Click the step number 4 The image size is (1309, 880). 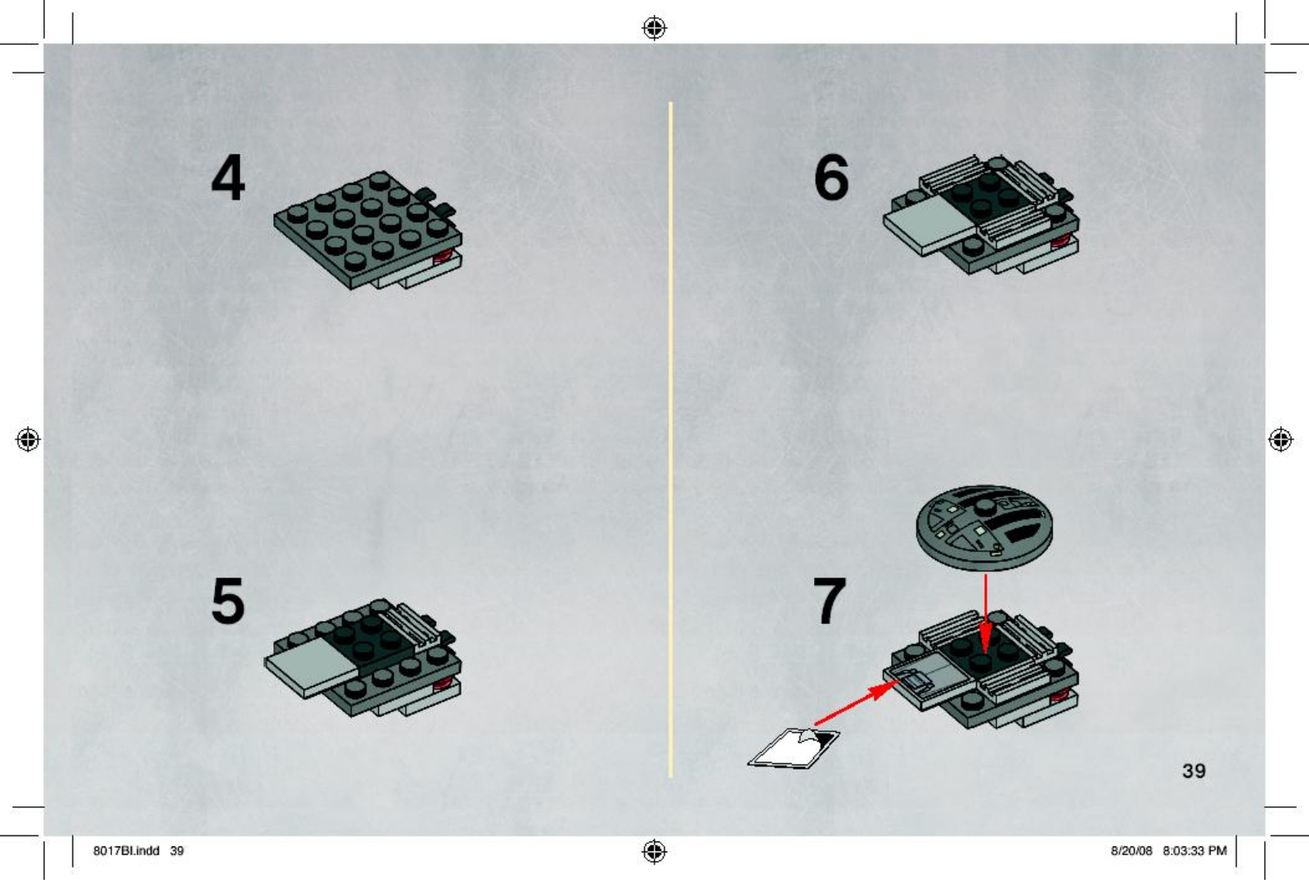(228, 177)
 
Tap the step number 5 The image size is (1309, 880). (228, 600)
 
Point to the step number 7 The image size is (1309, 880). (830, 600)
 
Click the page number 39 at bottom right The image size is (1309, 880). (1194, 770)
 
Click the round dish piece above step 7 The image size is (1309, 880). (985, 528)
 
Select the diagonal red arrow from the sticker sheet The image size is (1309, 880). (857, 703)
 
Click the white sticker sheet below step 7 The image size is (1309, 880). (794, 748)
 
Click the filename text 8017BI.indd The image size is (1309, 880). (126, 851)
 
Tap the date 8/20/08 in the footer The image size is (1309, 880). (1131, 851)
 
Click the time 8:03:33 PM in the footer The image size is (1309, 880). (1194, 851)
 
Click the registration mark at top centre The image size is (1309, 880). (654, 28)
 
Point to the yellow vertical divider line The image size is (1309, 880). (671, 439)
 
